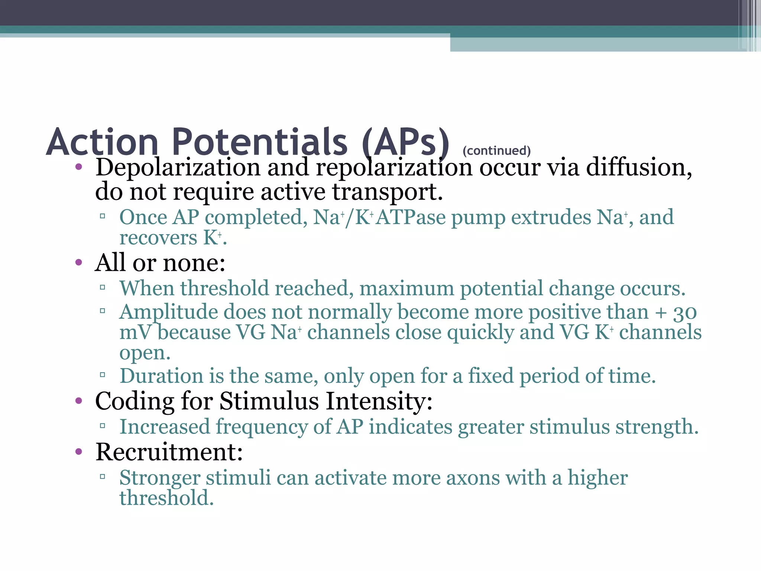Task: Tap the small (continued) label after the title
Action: [x=496, y=151]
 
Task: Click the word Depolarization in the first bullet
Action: [x=178, y=167]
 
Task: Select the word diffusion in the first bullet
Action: [x=639, y=167]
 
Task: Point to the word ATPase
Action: [x=411, y=217]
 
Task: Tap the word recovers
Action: [x=158, y=238]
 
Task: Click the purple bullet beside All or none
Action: [x=78, y=262]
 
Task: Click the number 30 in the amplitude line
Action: [x=684, y=312]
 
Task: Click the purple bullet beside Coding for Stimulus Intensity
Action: [x=78, y=401]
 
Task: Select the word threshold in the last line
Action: [x=166, y=498]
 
